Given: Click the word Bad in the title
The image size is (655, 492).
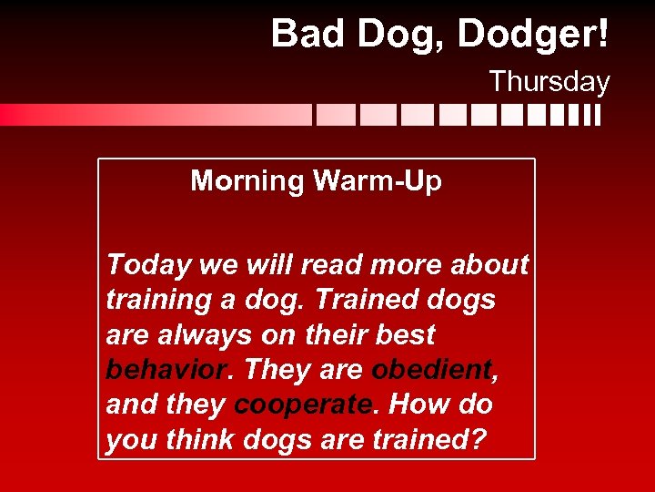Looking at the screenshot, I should [x=305, y=35].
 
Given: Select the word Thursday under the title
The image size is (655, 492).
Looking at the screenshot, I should [x=549, y=82].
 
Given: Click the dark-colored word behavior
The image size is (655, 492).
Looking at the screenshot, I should [x=166, y=370].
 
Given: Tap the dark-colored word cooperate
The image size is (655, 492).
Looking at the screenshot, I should [x=304, y=405].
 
